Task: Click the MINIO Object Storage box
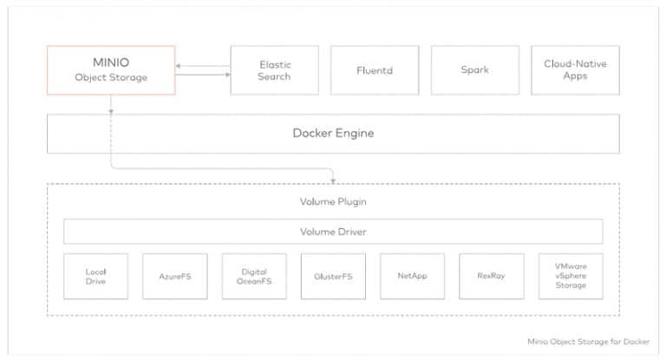point(111,70)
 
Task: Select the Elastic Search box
point(274,70)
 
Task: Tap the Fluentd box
point(375,70)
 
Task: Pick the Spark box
point(475,70)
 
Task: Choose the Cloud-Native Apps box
point(575,70)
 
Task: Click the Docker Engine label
point(333,133)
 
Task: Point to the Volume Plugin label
point(333,201)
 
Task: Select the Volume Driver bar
point(333,232)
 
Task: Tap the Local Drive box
point(95,276)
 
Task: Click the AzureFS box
point(175,276)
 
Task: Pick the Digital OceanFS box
point(254,276)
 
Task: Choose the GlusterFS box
point(333,276)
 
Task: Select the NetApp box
point(413,276)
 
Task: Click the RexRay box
point(492,276)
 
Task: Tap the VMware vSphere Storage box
point(571,276)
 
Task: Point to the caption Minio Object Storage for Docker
point(588,342)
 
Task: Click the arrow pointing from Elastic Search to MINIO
point(203,66)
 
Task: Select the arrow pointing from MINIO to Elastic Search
point(203,75)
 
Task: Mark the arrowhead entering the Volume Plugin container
point(333,181)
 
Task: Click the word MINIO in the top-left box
point(111,62)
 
